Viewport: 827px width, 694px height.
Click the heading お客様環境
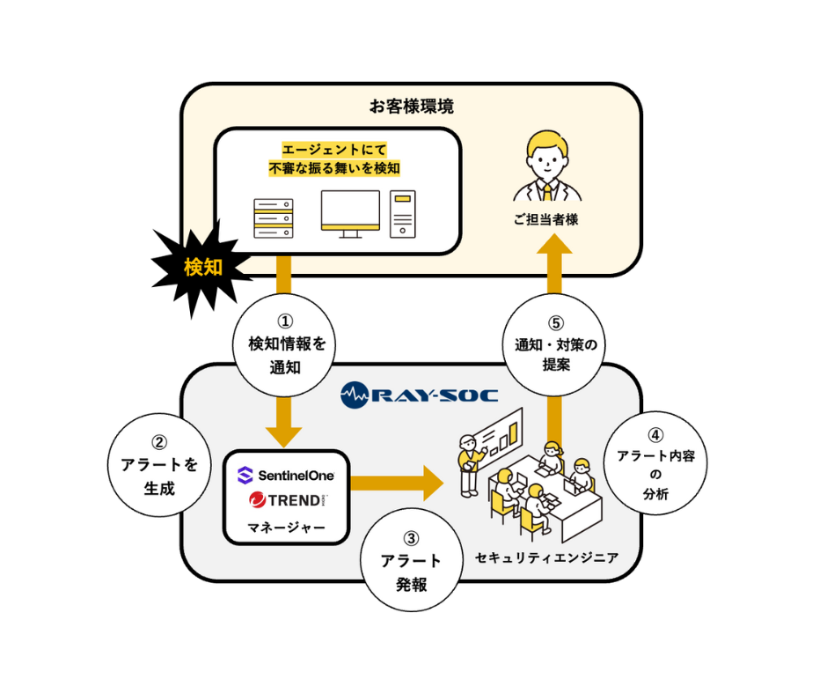point(412,107)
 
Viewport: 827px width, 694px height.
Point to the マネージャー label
point(286,528)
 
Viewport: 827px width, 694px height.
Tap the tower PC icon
point(403,214)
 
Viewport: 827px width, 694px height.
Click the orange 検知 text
point(203,268)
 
